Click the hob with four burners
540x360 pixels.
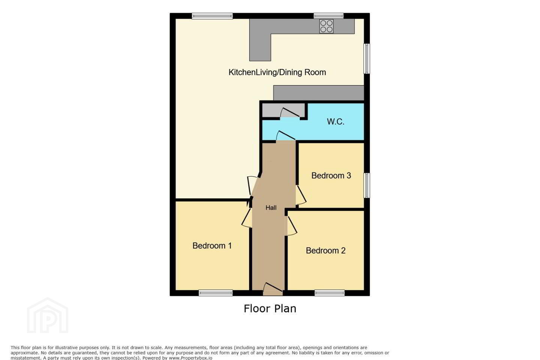click(x=326, y=26)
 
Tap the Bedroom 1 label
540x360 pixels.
click(x=212, y=246)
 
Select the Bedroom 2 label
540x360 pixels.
click(x=325, y=251)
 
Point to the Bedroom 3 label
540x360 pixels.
click(x=331, y=175)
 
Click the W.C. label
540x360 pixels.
click(x=335, y=121)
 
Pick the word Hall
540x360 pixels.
click(x=271, y=208)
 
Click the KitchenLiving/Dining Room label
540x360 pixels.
click(x=277, y=72)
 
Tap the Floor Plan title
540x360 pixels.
click(x=270, y=309)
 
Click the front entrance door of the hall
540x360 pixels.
click(x=273, y=289)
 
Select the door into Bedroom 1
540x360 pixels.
click(x=247, y=218)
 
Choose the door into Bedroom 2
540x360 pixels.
click(x=291, y=226)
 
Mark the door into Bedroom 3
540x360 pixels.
click(x=301, y=195)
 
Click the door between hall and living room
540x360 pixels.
click(x=253, y=186)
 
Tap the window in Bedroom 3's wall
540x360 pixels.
click(x=367, y=185)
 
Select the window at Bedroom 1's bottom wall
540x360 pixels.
click(x=216, y=293)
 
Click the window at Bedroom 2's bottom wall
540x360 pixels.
click(x=330, y=293)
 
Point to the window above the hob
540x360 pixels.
click(x=328, y=16)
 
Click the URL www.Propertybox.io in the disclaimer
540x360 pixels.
click(x=190, y=358)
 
